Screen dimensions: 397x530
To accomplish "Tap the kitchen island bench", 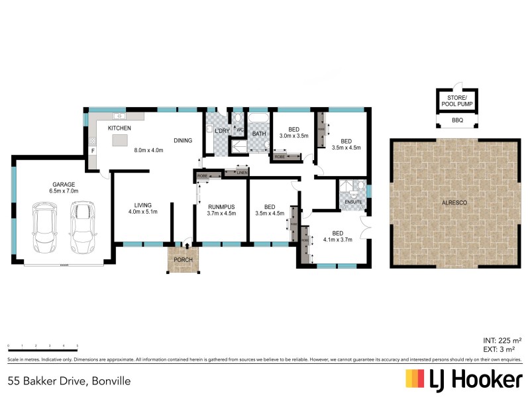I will (x=120, y=140).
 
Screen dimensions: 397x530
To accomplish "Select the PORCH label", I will (x=182, y=260).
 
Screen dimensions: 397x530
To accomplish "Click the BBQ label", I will (x=457, y=120).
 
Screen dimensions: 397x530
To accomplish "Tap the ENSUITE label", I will (x=352, y=201).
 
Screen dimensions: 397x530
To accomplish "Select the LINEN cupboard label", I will (x=241, y=173).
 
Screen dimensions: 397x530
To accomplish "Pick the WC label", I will (x=240, y=130).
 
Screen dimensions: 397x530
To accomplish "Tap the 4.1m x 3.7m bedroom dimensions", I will (x=337, y=240).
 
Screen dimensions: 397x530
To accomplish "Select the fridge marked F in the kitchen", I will (x=92, y=150).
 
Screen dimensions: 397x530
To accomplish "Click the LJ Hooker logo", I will (x=464, y=379).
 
